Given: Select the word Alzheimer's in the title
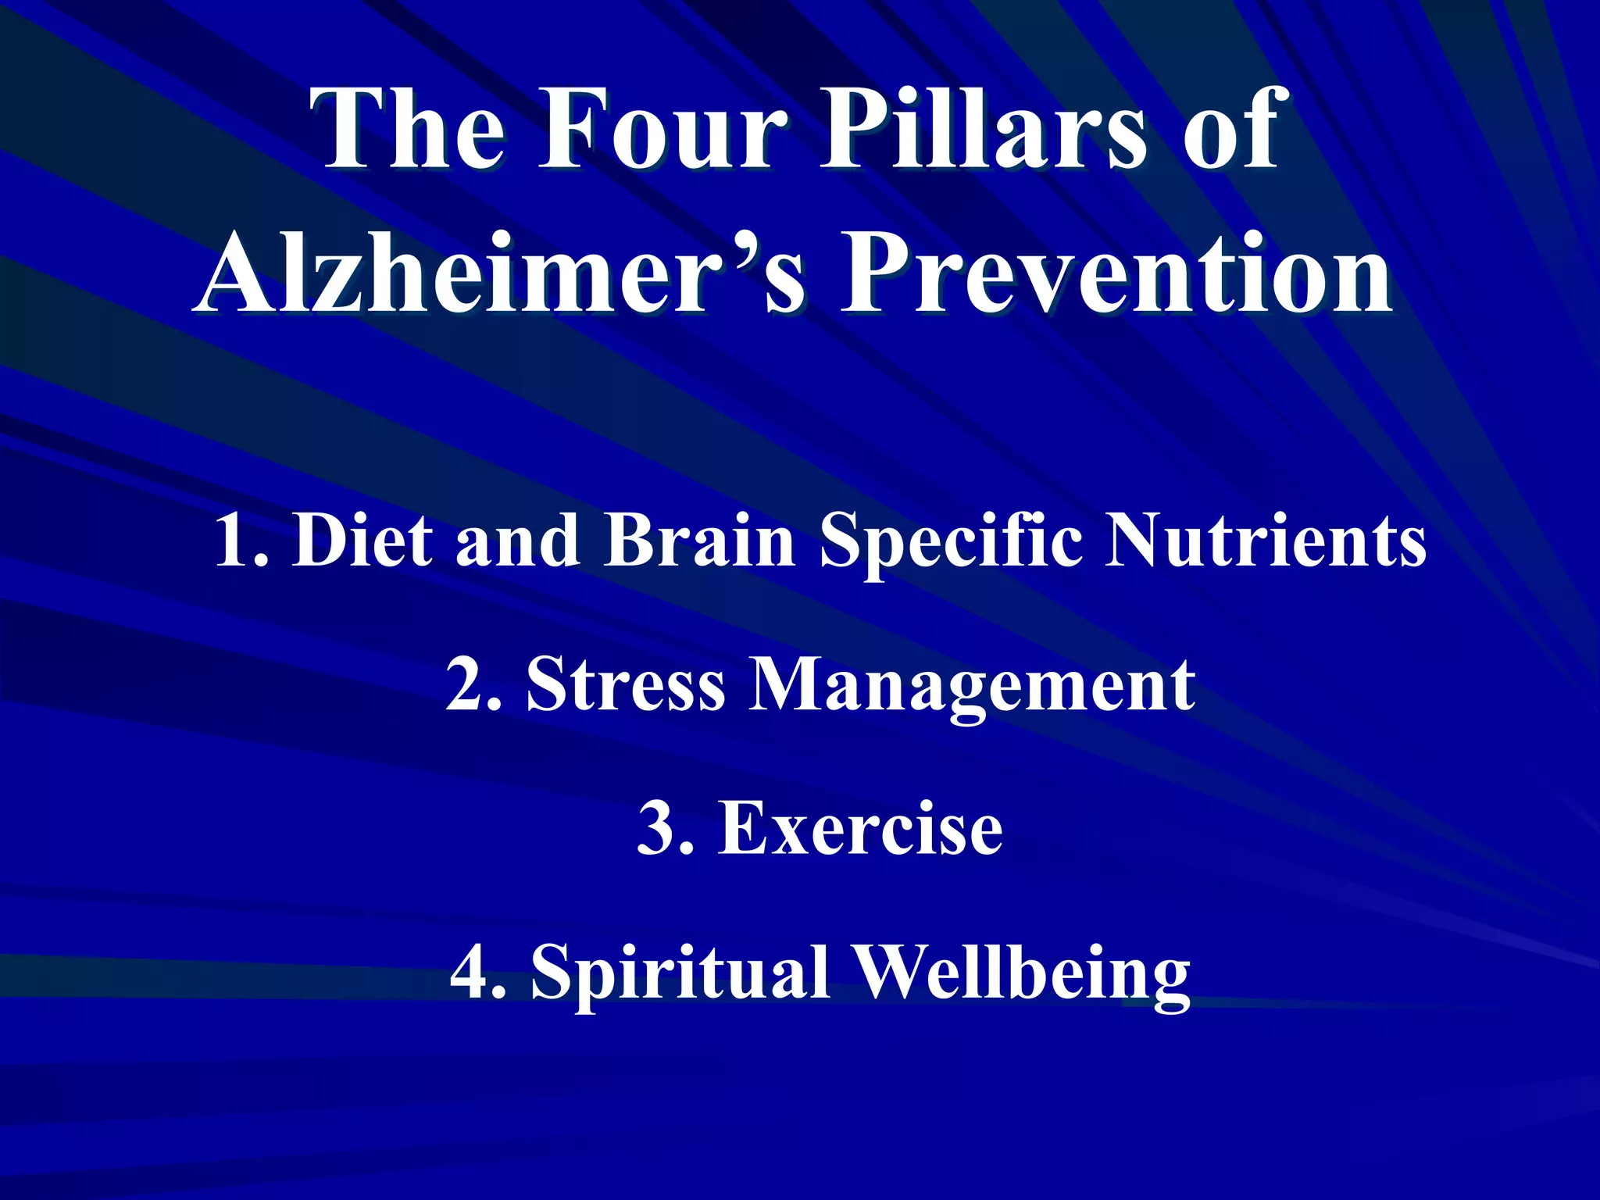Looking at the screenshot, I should (x=500, y=273).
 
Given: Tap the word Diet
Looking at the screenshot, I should (x=362, y=541).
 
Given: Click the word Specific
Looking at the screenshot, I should (x=951, y=541).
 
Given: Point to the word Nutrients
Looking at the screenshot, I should (x=1266, y=541).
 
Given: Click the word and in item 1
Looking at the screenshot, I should (x=517, y=541).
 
